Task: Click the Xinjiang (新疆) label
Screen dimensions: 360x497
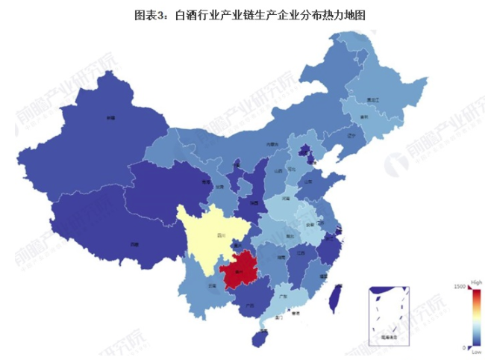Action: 110,117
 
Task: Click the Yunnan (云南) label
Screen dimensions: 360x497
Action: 213,285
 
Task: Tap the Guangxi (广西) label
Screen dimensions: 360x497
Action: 250,304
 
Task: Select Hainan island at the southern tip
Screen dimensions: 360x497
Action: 260,338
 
